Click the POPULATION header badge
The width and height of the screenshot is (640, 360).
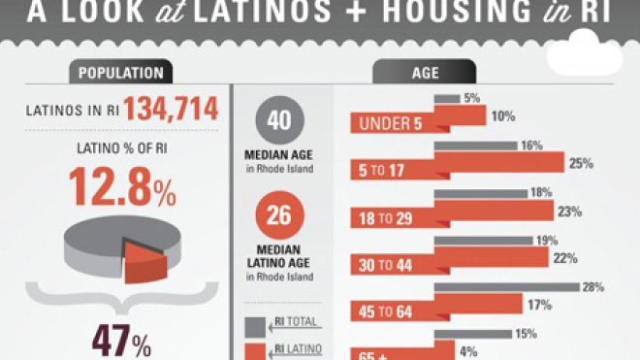coord(120,73)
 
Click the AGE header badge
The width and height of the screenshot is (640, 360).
coord(425,73)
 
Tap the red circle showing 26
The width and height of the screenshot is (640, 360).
coord(279,215)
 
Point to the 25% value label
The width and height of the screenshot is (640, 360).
coord(581,162)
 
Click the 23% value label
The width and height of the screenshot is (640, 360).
coord(569,210)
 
